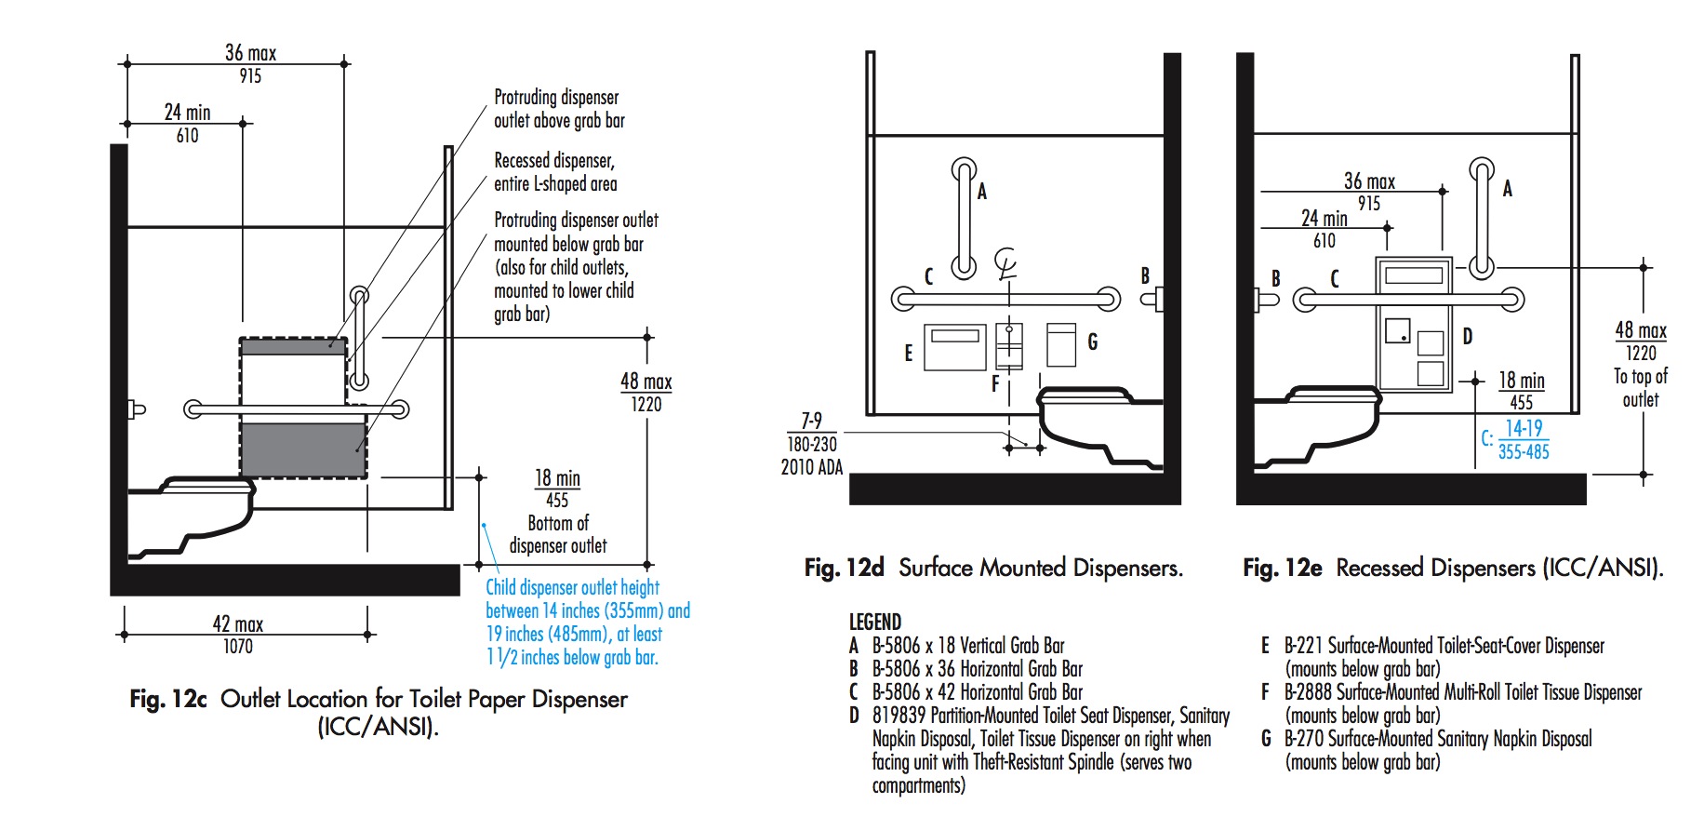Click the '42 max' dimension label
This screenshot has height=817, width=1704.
click(237, 623)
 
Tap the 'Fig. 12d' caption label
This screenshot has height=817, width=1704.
click(844, 568)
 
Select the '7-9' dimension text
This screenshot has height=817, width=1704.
click(811, 421)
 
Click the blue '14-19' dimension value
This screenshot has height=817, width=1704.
click(1524, 428)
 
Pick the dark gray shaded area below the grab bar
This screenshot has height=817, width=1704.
click(303, 450)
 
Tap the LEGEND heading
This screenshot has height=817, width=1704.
click(874, 622)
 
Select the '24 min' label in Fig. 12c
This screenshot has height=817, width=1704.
click(187, 113)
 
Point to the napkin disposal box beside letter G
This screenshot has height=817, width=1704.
click(1061, 345)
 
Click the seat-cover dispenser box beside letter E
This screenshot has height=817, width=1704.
click(954, 347)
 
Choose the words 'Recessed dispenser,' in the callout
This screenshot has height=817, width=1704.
click(554, 160)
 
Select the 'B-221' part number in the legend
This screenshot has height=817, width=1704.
click(1303, 646)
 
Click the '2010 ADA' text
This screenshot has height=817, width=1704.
click(811, 467)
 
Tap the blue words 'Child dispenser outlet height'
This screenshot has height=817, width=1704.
click(572, 587)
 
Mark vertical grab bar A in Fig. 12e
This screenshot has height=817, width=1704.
click(1481, 219)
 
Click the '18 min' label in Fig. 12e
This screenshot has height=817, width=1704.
click(1521, 380)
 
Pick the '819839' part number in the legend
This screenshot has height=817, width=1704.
click(899, 716)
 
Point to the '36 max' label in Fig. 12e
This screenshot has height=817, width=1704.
click(1369, 181)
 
